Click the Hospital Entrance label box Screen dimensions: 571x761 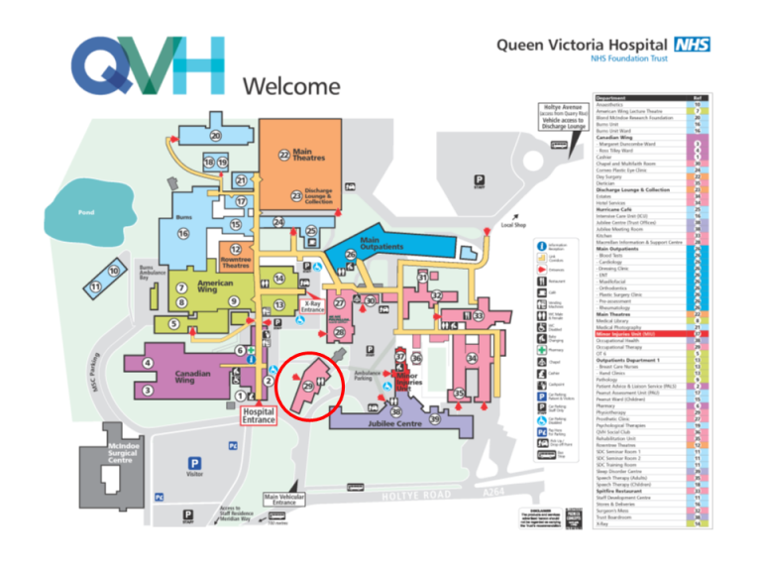point(259,414)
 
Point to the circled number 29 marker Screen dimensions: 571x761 point(308,384)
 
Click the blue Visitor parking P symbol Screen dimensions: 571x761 point(195,463)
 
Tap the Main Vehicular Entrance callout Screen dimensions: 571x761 point(284,500)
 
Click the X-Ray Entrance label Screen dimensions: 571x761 point(312,307)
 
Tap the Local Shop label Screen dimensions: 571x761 point(514,225)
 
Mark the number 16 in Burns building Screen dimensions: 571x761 point(183,234)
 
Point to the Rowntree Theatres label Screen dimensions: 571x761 point(236,263)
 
